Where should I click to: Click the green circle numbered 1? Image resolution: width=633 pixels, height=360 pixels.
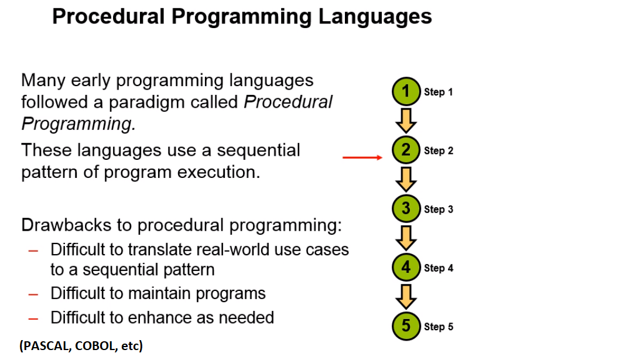[406, 91]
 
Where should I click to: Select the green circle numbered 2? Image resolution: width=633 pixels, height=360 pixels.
[406, 150]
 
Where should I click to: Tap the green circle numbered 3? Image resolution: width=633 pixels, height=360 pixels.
[406, 208]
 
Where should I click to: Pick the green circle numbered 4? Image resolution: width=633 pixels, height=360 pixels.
[406, 267]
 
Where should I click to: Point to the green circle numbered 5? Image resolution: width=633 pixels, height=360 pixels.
[406, 325]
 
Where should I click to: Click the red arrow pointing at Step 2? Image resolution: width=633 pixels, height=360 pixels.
[362, 157]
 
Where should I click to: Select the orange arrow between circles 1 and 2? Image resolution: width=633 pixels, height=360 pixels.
[406, 120]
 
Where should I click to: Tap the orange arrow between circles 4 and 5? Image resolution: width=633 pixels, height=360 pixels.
[406, 297]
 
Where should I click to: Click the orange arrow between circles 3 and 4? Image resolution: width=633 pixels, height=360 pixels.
[406, 238]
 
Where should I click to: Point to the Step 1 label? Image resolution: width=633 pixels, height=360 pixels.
[439, 92]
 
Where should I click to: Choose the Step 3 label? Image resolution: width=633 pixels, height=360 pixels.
[439, 210]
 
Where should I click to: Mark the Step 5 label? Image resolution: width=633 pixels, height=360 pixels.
[439, 327]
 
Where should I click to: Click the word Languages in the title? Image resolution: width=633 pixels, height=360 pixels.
[375, 18]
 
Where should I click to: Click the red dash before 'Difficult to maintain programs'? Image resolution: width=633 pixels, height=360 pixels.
[33, 294]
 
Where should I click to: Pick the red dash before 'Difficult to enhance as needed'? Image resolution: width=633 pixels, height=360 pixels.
[33, 319]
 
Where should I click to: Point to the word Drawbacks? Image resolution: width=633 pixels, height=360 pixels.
[66, 225]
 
